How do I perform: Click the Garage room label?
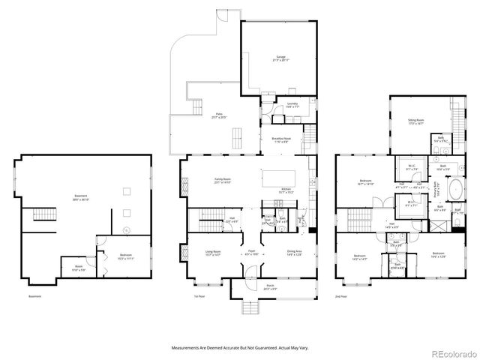[x=281, y=58]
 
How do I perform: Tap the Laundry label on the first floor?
[x=292, y=106]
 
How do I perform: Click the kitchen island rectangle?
[x=278, y=178]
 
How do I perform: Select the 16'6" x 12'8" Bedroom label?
[x=438, y=256]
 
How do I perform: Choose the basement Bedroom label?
[x=125, y=256]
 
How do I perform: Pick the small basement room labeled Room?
[x=79, y=268]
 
